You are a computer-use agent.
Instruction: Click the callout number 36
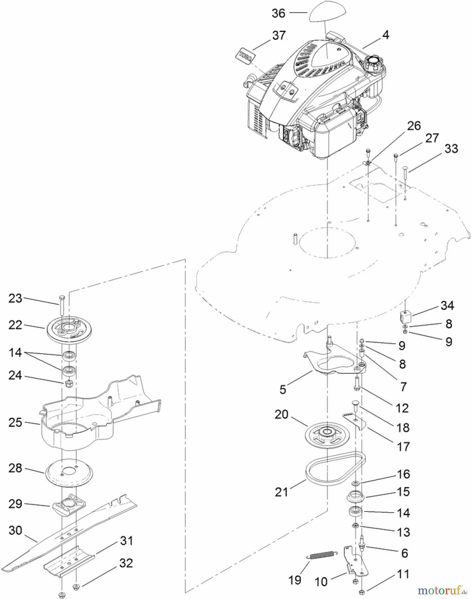coord(279,13)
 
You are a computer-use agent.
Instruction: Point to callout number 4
coord(385,35)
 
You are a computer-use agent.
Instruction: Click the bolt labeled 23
coord(62,305)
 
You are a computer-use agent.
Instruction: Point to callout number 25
coord(15,423)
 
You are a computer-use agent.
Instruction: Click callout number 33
coord(451,148)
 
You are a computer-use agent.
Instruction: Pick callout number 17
coord(403,447)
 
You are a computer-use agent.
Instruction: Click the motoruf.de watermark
coord(442,590)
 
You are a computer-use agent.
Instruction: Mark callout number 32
coord(126,563)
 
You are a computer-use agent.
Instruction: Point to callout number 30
coord(15,530)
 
